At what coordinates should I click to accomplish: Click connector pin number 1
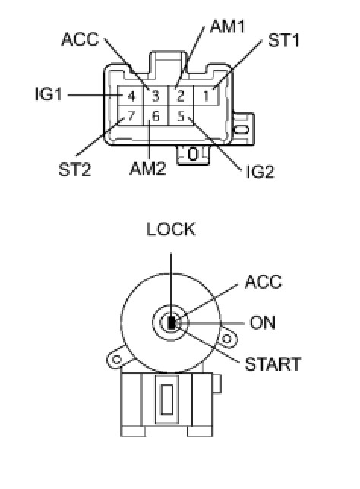point(206,96)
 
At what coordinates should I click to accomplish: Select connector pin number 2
point(180,96)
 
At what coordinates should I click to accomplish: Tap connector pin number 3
point(156,96)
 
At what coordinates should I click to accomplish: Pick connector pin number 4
point(131,96)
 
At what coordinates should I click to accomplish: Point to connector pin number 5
point(181,116)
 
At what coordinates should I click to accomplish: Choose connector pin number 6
point(156,116)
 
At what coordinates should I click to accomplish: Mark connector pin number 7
point(131,116)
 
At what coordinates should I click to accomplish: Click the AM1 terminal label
point(227,26)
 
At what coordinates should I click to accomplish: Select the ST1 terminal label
point(283,40)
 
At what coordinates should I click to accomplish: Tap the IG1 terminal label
point(49,94)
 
